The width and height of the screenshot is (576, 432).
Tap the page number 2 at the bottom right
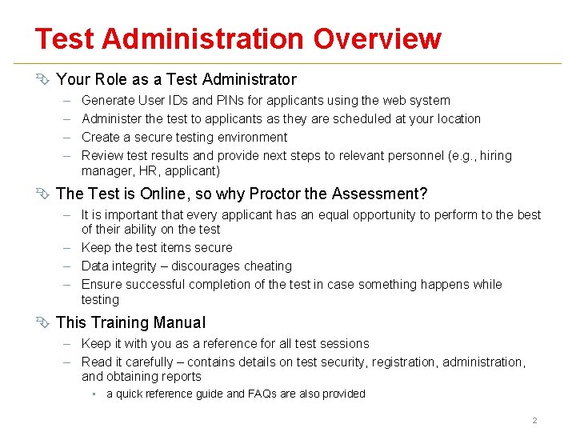click(535, 421)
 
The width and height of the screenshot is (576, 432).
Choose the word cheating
click(266, 266)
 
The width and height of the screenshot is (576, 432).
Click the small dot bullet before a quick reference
click(94, 394)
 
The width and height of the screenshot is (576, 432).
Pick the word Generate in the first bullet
click(109, 101)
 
